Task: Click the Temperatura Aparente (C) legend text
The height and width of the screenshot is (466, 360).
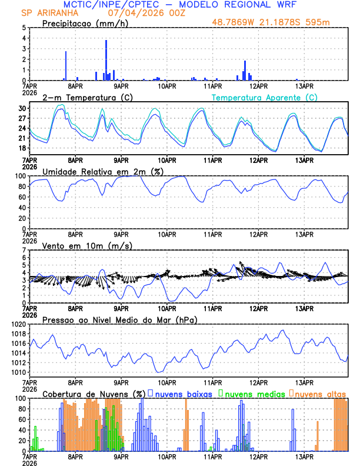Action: click(x=264, y=97)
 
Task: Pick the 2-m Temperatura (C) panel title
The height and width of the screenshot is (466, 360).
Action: click(x=82, y=97)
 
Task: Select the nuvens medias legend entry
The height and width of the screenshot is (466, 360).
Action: click(x=253, y=393)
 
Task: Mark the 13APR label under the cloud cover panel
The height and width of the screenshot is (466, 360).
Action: click(x=304, y=456)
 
